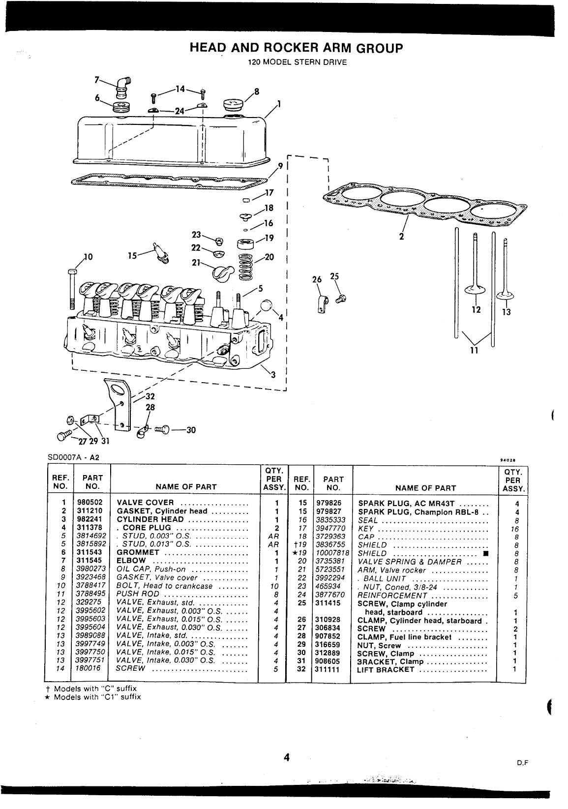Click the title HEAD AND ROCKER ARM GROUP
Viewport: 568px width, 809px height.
296,48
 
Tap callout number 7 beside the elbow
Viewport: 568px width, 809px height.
97,80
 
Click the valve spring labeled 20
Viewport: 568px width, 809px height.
247,266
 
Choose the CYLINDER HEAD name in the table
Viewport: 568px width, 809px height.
150,519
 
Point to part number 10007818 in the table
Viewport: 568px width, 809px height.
333,553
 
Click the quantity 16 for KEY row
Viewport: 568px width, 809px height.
514,528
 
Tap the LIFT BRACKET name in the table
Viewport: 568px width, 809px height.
386,670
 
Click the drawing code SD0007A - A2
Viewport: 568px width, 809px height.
73,457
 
